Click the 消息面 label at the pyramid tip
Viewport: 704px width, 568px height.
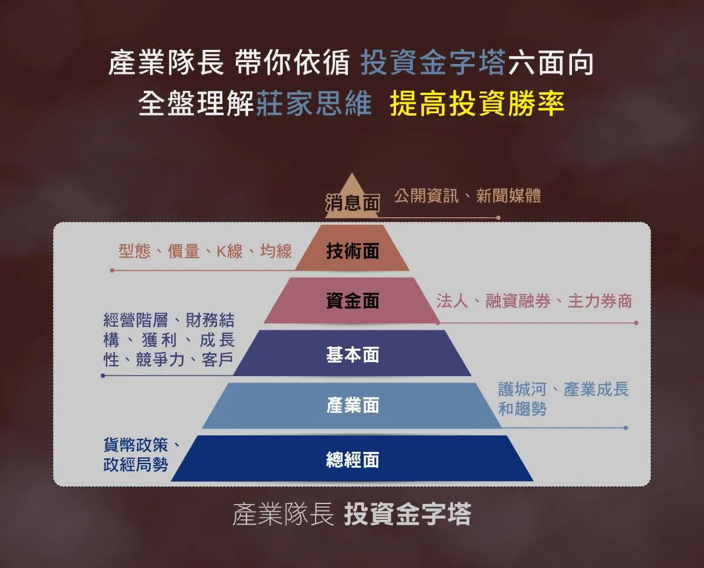pos(353,202)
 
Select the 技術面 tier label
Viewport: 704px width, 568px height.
pos(353,251)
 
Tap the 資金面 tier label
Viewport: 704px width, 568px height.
pos(353,300)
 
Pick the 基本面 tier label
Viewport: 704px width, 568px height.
pos(353,354)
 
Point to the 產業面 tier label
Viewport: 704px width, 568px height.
pos(353,405)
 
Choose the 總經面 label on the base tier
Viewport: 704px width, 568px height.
pos(353,459)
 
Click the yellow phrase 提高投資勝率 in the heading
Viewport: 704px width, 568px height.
pos(477,103)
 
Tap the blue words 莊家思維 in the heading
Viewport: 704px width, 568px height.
pos(314,103)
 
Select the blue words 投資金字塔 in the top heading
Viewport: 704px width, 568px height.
pos(433,62)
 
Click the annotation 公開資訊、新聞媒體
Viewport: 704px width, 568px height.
pos(468,195)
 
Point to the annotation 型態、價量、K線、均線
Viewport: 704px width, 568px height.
pos(205,251)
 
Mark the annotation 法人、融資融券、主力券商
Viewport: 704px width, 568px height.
pos(534,301)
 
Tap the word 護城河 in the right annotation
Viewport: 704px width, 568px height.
pos(522,390)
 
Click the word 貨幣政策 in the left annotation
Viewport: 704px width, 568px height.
pos(136,445)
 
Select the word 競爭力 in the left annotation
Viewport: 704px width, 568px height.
pos(160,360)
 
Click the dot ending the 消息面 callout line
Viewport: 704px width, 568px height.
pos(498,218)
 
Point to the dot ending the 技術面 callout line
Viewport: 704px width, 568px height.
pos(112,271)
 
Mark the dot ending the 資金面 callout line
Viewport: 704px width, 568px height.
pos(636,323)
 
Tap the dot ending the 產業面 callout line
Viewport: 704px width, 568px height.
pos(626,428)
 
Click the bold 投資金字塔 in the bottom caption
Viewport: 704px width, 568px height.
pos(408,514)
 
